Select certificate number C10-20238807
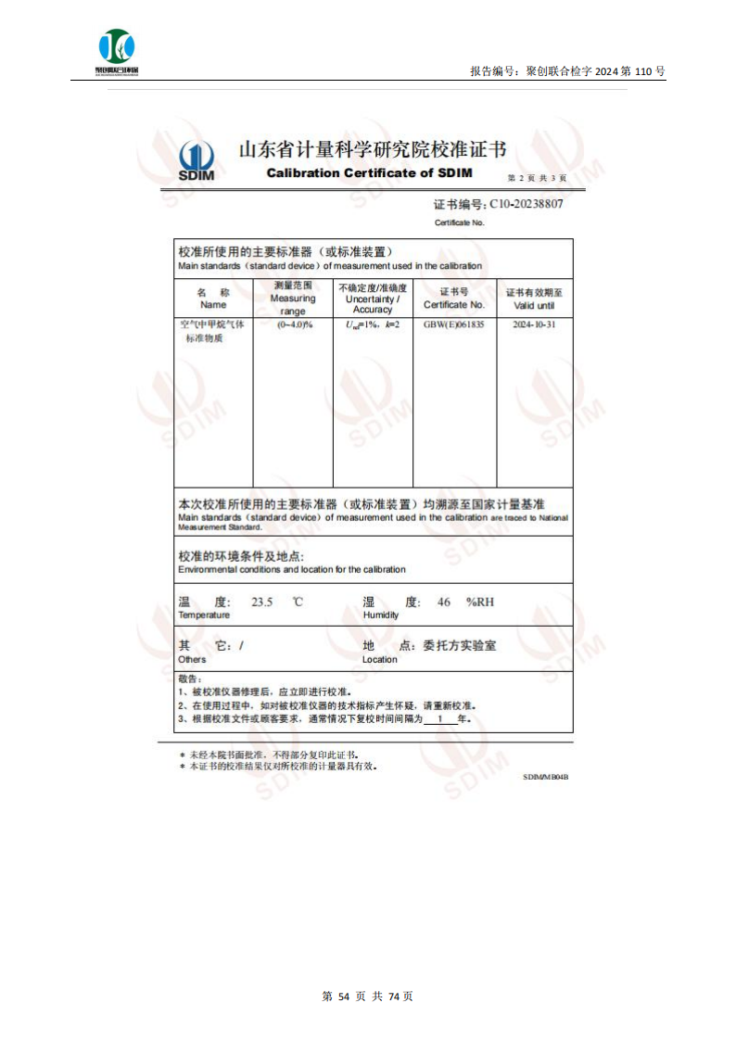526,204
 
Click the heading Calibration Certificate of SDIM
369,173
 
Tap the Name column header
213,298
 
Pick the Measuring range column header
293,298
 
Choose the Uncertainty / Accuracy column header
373,298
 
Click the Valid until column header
534,298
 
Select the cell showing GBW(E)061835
453,325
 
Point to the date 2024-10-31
534,325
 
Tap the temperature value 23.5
263,603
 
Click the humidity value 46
444,603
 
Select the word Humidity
381,616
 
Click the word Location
379,660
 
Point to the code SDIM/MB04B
545,777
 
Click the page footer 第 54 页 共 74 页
367,996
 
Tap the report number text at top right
567,71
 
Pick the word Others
192,660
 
